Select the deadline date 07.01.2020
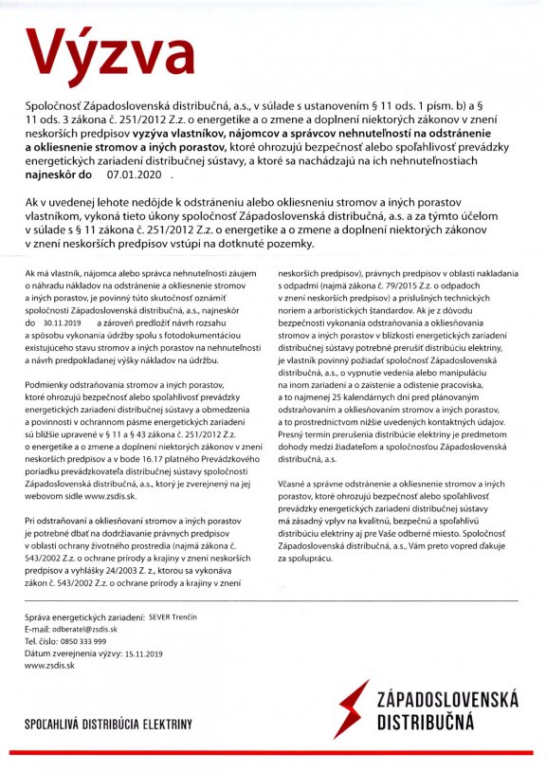[138, 175]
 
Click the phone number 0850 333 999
[93, 640]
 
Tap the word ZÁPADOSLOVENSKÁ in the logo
[447, 700]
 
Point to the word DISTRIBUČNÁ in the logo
[424, 723]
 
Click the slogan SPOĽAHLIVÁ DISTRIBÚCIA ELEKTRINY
[109, 726]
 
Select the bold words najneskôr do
[58, 175]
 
